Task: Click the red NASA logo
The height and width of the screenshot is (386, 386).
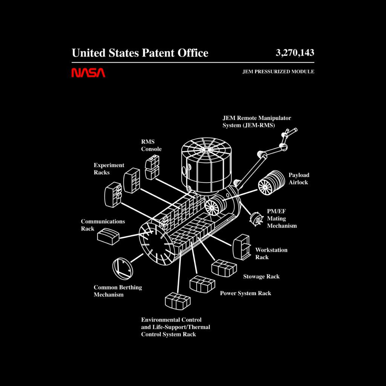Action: (88, 73)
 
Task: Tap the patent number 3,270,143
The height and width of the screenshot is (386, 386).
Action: (295, 53)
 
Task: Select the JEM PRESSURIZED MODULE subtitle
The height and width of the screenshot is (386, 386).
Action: (278, 72)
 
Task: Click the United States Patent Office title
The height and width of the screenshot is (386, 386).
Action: (140, 53)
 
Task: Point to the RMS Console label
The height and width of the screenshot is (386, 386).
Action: (151, 145)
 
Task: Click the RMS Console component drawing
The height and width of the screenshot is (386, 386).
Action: (152, 167)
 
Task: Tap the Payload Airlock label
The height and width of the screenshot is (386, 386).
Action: (299, 178)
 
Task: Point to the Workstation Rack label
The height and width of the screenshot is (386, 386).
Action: (271, 253)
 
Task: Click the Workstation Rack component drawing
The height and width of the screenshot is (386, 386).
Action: (241, 247)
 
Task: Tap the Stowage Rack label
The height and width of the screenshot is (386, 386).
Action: (261, 276)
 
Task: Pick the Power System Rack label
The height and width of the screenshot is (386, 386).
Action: (245, 293)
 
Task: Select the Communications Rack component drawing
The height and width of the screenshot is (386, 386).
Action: (108, 236)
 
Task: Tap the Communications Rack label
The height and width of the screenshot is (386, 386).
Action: (103, 225)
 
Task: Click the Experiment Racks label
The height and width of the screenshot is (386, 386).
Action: (109, 168)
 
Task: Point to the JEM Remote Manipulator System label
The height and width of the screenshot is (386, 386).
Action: (257, 122)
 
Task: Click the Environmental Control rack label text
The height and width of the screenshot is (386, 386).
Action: (176, 327)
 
